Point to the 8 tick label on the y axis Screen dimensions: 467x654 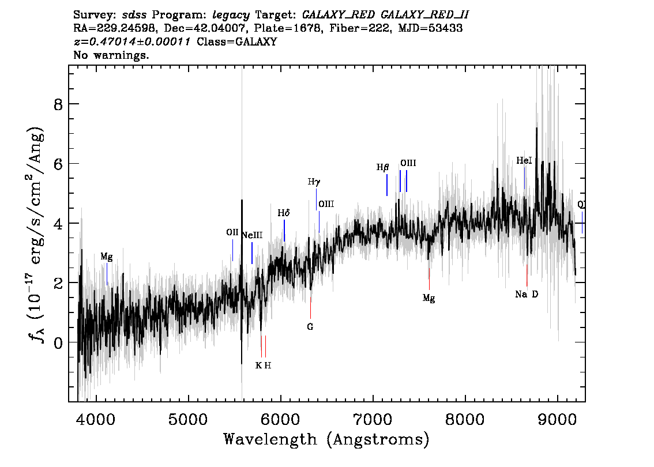(x=57, y=104)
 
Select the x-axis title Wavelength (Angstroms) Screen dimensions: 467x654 (x=326, y=440)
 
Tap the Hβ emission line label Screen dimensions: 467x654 (x=383, y=168)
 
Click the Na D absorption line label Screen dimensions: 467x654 (x=527, y=295)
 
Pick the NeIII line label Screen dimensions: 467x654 (x=252, y=235)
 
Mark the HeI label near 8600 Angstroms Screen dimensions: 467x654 (x=524, y=161)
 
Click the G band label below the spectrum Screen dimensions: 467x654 (x=310, y=326)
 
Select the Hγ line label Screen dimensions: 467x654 (x=314, y=182)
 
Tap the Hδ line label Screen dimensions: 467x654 (x=283, y=213)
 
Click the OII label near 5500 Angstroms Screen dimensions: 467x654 (x=232, y=232)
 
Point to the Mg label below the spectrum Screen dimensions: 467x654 (x=429, y=298)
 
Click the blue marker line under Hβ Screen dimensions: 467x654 (x=386, y=185)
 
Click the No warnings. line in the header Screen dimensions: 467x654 (x=111, y=55)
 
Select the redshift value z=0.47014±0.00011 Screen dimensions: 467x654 (x=132, y=42)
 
